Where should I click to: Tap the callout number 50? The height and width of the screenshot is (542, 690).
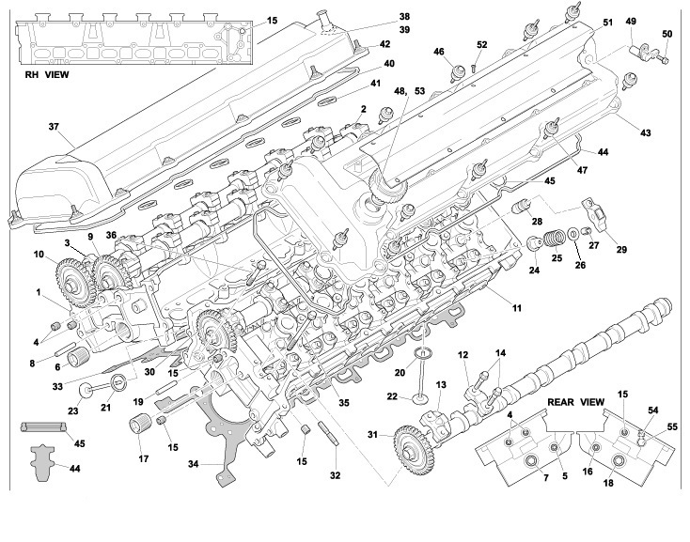tap(666, 36)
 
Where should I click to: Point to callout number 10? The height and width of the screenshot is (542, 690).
tap(39, 256)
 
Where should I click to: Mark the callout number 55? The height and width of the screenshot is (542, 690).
tap(673, 426)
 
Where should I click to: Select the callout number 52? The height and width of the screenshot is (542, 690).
tap(482, 44)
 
